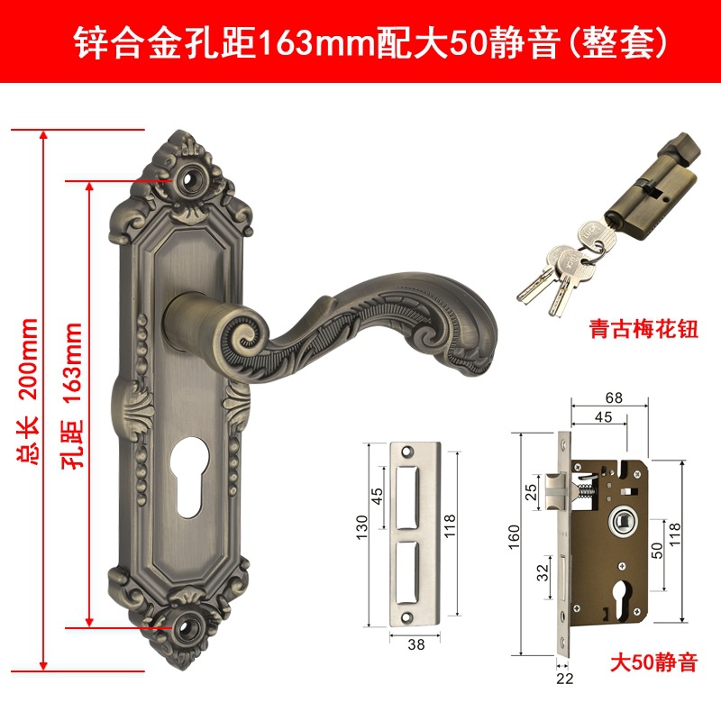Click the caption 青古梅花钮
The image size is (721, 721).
(x=644, y=326)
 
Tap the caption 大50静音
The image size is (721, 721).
(x=652, y=664)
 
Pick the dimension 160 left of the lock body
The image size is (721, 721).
(x=514, y=542)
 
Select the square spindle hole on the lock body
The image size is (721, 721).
(x=623, y=520)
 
